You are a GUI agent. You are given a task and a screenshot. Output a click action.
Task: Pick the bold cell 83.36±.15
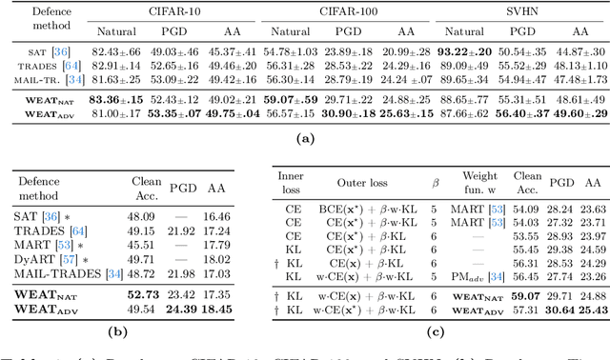pos(115,99)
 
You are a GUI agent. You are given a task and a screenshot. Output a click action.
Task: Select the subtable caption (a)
pos(305,139)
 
